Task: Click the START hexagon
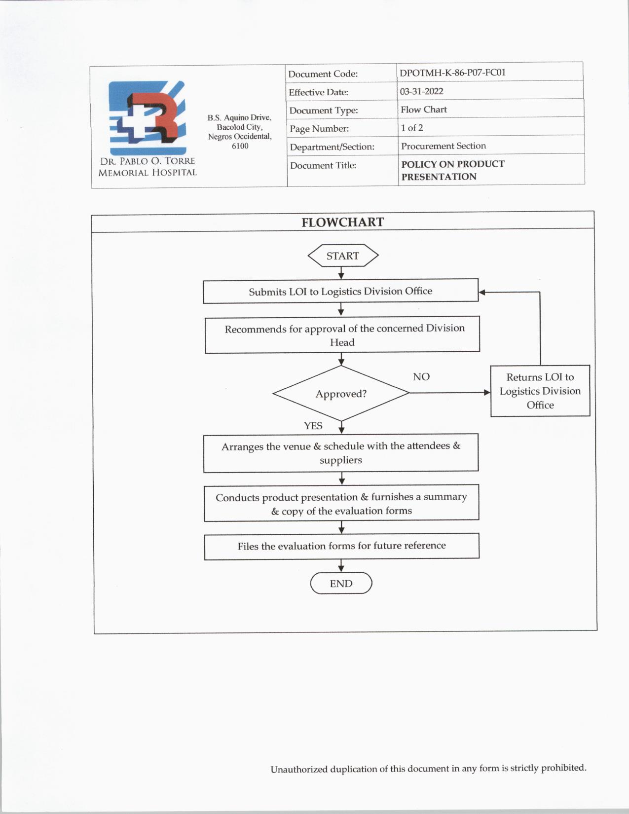tap(343, 256)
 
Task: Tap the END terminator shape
tap(341, 583)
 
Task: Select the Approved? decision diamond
tap(341, 394)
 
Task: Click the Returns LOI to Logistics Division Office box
tap(540, 391)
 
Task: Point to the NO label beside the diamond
tap(421, 377)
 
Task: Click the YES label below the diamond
tap(313, 426)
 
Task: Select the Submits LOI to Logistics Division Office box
tap(340, 291)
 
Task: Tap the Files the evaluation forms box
tap(341, 546)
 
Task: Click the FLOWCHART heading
tap(342, 222)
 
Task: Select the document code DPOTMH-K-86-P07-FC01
tap(452, 73)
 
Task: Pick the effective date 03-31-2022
tap(421, 91)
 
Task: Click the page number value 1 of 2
tap(411, 128)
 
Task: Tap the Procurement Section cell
tap(443, 146)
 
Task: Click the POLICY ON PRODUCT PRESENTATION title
tap(452, 170)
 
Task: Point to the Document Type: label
tap(323, 111)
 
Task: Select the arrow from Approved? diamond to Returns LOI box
tap(449, 393)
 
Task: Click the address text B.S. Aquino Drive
tap(239, 117)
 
